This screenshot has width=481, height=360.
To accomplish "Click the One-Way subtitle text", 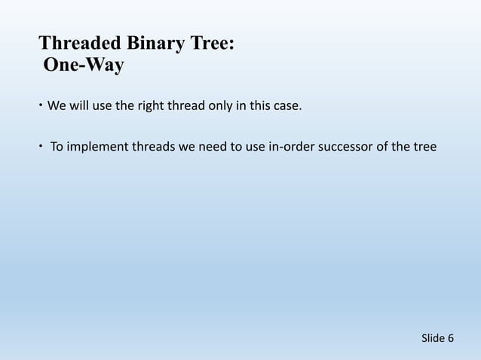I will pyautogui.click(x=84, y=66).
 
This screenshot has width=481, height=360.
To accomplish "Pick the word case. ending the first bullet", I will pyautogui.click(x=285, y=105).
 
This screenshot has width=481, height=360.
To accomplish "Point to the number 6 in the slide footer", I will pyautogui.click(x=451, y=338).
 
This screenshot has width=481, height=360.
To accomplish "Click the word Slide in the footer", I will pyautogui.click(x=433, y=338).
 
